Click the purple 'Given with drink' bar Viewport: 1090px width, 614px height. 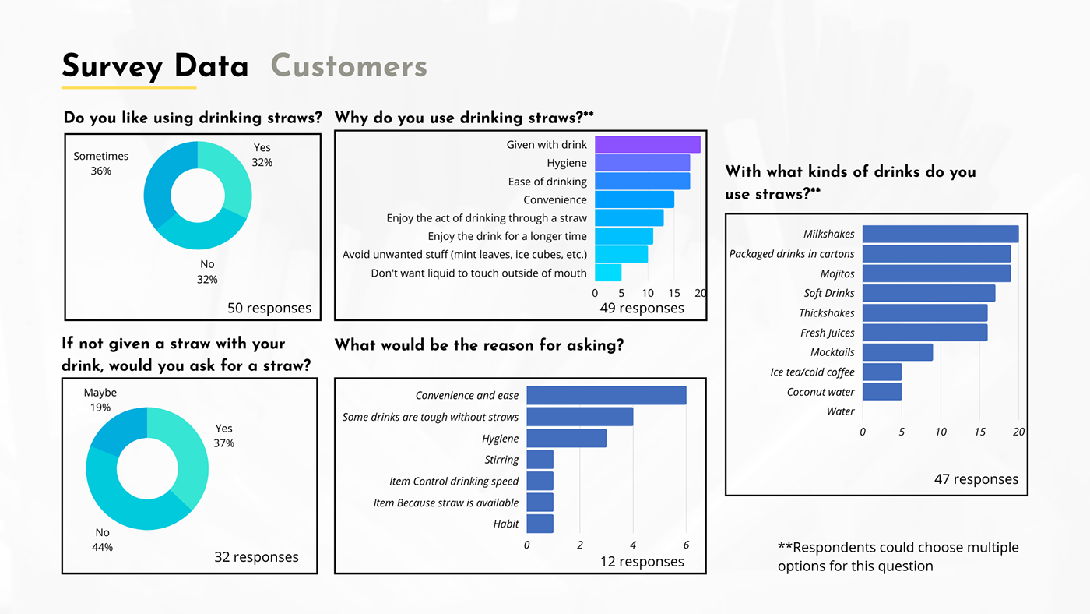(x=647, y=144)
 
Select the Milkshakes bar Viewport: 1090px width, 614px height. (x=940, y=234)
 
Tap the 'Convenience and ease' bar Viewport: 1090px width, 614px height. (x=606, y=395)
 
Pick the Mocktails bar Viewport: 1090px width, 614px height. (x=897, y=352)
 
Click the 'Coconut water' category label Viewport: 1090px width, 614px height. (x=821, y=392)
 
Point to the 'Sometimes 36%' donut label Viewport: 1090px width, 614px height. (x=101, y=163)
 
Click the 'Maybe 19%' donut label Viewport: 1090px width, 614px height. (x=100, y=400)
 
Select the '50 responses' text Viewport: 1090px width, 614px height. (x=269, y=308)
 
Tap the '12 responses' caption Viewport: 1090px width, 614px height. (x=642, y=561)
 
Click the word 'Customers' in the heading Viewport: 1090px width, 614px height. (x=349, y=67)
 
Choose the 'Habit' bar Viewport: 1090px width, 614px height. (x=540, y=524)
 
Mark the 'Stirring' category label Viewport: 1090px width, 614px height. (x=501, y=460)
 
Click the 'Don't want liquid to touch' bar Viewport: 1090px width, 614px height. (x=608, y=273)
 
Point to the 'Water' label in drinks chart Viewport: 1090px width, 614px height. (x=840, y=411)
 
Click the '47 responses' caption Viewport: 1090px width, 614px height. (x=976, y=479)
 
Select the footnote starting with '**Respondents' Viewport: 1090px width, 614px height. (x=898, y=556)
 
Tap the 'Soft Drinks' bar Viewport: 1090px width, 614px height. (x=928, y=293)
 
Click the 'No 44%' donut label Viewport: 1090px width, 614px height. (x=103, y=539)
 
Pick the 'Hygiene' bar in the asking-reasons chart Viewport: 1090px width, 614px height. (x=566, y=438)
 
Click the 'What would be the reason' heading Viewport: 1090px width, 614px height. (x=479, y=344)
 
